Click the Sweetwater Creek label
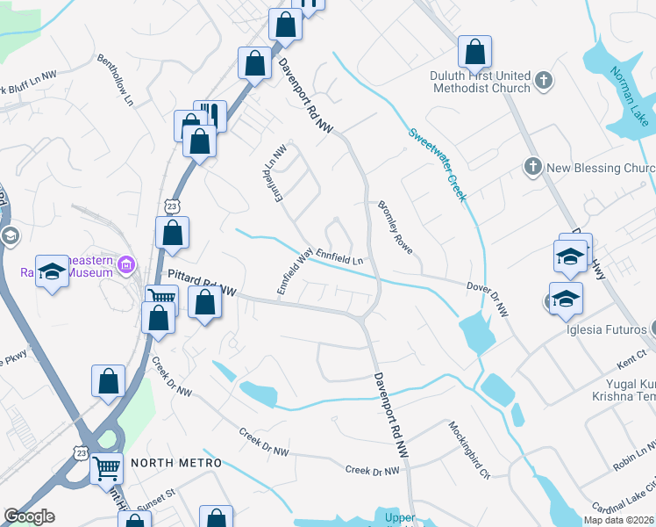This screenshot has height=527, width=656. pyautogui.click(x=437, y=164)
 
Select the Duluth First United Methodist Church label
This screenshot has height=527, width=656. pyautogui.click(x=481, y=82)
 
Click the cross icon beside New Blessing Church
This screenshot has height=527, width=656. pyautogui.click(x=531, y=167)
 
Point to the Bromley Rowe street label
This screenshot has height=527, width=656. pyautogui.click(x=397, y=233)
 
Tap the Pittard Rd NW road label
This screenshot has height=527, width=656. pyautogui.click(x=203, y=281)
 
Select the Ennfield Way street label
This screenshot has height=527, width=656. pyautogui.click(x=295, y=272)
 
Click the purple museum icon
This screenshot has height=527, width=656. pyautogui.click(x=126, y=263)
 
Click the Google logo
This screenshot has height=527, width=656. pyautogui.click(x=29, y=516)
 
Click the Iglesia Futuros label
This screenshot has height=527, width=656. pyautogui.click(x=609, y=330)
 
